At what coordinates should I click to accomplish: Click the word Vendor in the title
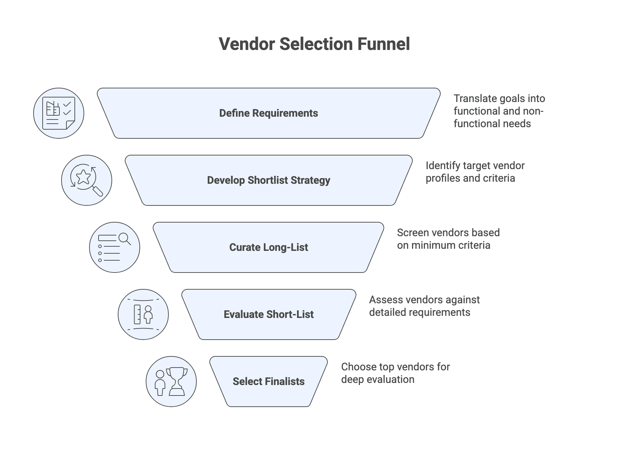(x=246, y=44)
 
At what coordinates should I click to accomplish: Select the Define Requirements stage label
(x=268, y=113)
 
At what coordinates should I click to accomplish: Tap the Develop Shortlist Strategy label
(x=268, y=180)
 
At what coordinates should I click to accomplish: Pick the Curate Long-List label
(x=268, y=247)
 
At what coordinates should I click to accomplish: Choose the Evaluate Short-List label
(x=268, y=314)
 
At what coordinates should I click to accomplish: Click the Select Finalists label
(x=268, y=382)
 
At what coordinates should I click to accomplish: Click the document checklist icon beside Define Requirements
(x=59, y=113)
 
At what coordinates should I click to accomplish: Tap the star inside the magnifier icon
(x=83, y=177)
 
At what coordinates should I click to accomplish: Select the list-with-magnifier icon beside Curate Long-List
(x=115, y=247)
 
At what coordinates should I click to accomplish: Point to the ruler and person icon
(x=143, y=314)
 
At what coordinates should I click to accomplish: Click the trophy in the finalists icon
(x=177, y=381)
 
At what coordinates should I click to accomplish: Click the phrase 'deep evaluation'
(x=377, y=379)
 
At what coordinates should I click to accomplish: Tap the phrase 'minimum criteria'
(x=450, y=245)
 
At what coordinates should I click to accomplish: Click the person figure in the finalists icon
(x=160, y=383)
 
